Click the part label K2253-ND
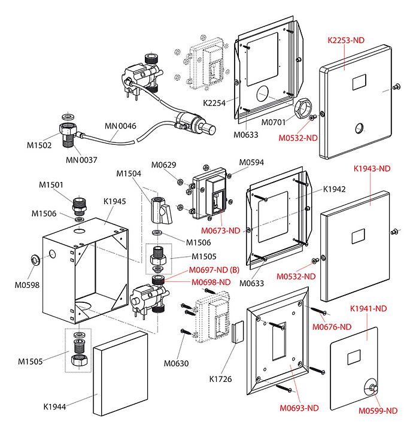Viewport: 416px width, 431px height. click(345, 40)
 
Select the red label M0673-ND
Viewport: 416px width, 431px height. click(220, 230)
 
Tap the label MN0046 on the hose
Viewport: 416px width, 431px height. click(120, 126)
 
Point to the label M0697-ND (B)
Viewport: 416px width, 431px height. click(214, 271)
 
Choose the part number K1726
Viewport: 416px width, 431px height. click(220, 378)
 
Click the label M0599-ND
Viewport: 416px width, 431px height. click(378, 411)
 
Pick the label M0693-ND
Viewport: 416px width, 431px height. click(299, 408)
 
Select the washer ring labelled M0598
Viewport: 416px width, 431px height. click(35, 259)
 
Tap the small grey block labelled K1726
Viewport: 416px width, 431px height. click(237, 330)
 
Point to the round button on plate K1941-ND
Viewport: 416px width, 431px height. click(372, 386)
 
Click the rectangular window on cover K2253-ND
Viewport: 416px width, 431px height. click(359, 82)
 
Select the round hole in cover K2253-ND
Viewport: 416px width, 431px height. click(359, 127)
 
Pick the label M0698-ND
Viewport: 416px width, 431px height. click(211, 282)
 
